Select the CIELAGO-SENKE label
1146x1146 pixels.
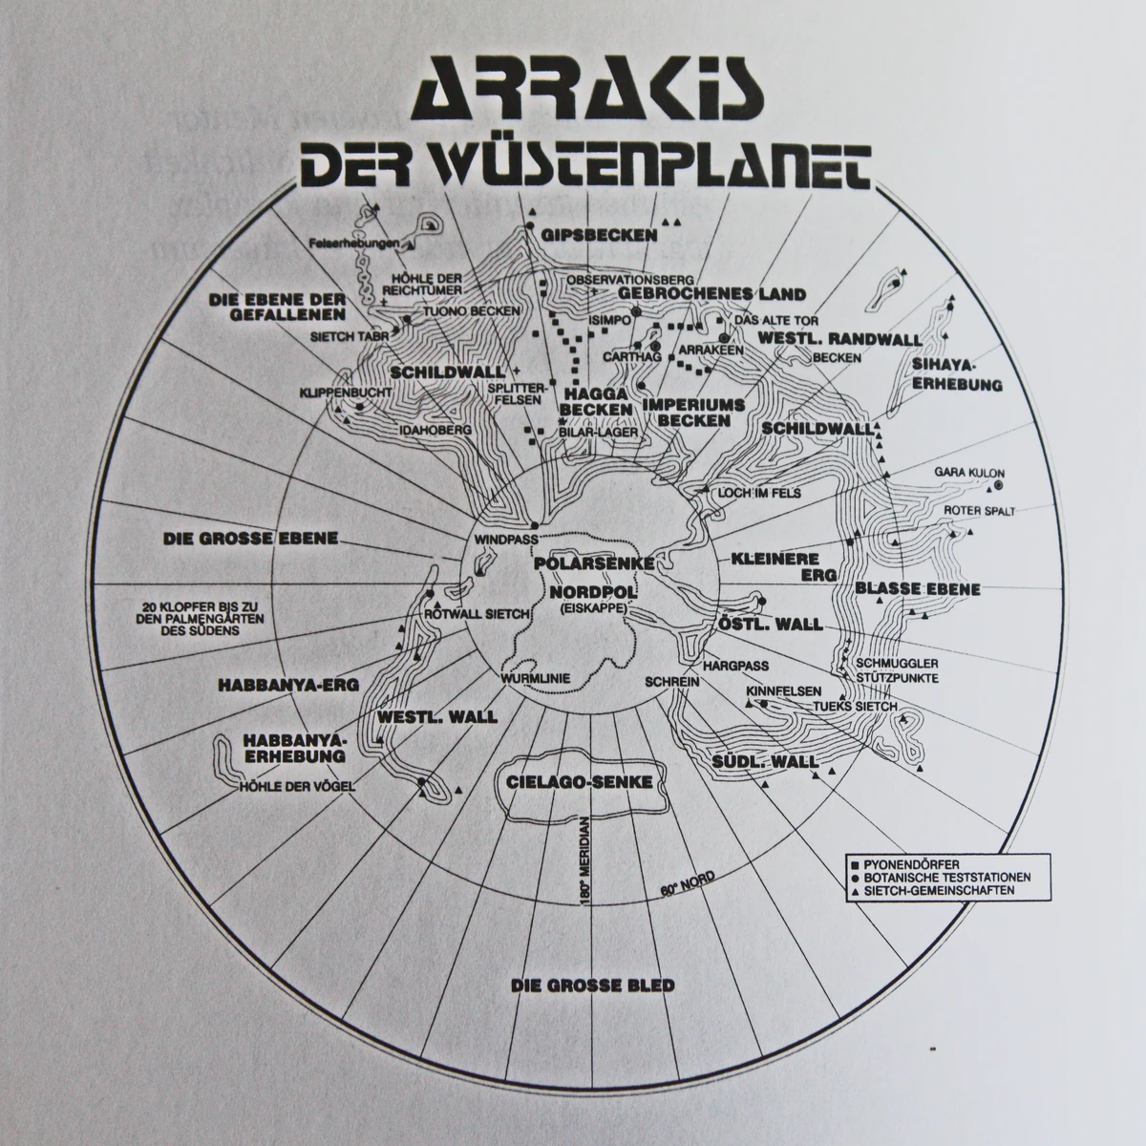(x=580, y=781)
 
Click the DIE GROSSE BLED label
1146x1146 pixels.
(x=592, y=985)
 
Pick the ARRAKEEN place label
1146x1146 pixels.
(x=705, y=350)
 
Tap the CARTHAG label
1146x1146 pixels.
(x=626, y=356)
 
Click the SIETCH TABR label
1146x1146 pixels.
(x=340, y=336)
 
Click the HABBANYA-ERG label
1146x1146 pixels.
(x=274, y=684)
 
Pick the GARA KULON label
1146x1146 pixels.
(x=968, y=473)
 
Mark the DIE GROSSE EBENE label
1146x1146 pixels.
(x=251, y=538)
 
